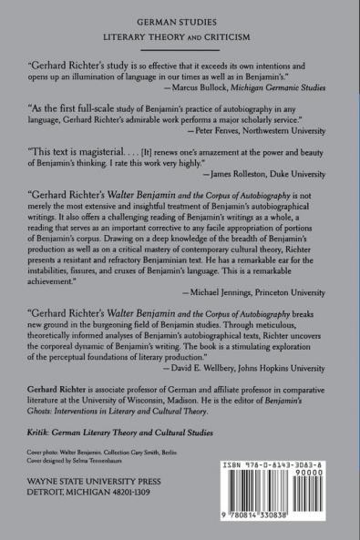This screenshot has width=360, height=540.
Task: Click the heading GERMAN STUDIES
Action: pos(180,17)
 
